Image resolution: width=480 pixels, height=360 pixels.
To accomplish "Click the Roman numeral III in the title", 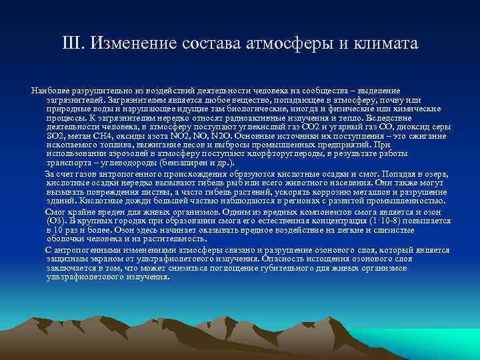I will point(72,45).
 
